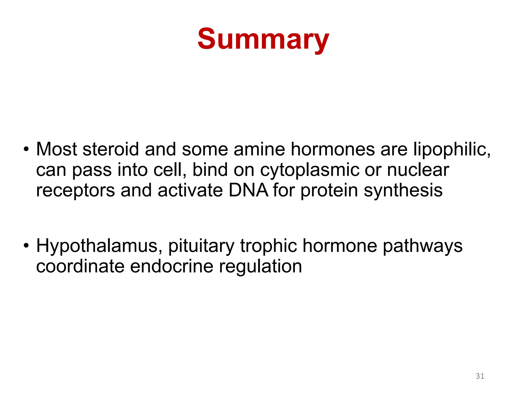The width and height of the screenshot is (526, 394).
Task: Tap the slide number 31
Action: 480,376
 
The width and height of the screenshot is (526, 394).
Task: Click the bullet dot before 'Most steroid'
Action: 26,149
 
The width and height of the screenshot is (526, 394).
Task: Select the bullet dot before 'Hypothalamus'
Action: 26,246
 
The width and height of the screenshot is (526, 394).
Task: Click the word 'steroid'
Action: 111,149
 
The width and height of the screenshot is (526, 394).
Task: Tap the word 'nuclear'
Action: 418,170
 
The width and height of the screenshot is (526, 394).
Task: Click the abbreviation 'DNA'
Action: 248,190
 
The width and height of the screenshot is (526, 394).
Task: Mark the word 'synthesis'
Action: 403,191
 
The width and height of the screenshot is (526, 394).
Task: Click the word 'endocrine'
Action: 172,266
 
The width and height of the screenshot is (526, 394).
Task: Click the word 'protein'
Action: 329,191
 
